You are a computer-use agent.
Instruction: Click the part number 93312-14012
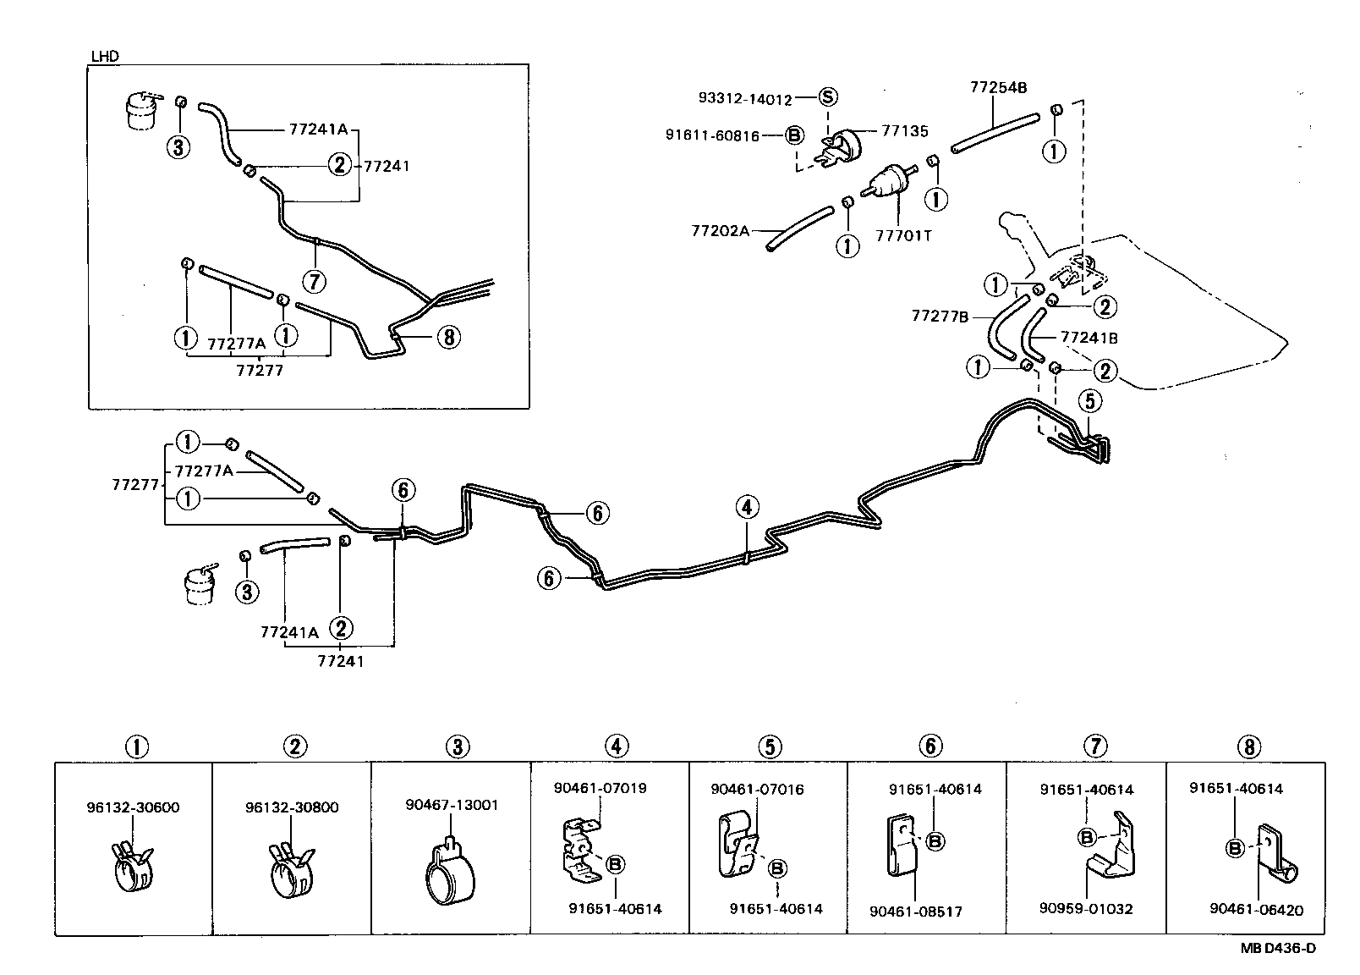(x=745, y=99)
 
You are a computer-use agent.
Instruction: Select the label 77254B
(x=998, y=87)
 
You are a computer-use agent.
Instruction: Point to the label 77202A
(x=720, y=229)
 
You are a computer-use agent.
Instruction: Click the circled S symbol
(x=828, y=97)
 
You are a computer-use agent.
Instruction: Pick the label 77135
(x=904, y=131)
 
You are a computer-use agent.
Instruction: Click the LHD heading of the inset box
(x=105, y=57)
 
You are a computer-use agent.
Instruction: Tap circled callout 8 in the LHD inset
(x=448, y=337)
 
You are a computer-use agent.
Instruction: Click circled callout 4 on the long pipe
(x=747, y=507)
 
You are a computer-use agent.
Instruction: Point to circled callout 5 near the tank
(x=1090, y=399)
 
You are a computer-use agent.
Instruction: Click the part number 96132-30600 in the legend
(x=133, y=807)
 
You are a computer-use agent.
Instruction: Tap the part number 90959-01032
(x=1086, y=909)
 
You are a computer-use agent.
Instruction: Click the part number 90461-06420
(x=1256, y=910)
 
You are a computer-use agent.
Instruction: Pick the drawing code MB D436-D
(x=1277, y=948)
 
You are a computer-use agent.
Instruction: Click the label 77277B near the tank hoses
(x=940, y=316)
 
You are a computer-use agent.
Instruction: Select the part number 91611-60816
(x=712, y=135)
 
